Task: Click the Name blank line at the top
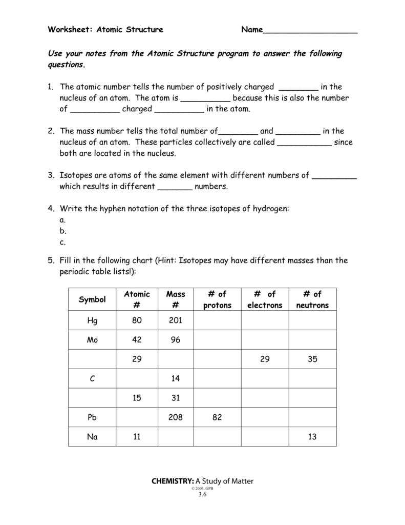pos(310,32)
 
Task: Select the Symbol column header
pos(92,300)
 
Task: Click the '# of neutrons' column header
pos(312,300)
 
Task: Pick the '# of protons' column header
pos(217,300)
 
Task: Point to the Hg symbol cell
pos(92,321)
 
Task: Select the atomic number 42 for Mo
pos(137,340)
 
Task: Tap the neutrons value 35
pos(312,359)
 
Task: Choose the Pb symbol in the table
pos(92,417)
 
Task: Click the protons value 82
pos(217,417)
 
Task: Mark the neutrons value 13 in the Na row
pos(312,437)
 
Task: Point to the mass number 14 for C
pos(176,379)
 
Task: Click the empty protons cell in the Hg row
pos(217,321)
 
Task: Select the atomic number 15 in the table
pos(137,398)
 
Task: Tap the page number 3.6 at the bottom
pos(202,494)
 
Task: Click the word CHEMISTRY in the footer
pos(173,481)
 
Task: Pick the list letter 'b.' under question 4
pos(63,231)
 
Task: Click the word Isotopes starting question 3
pos(77,175)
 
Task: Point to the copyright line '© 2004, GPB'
pos(202,488)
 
